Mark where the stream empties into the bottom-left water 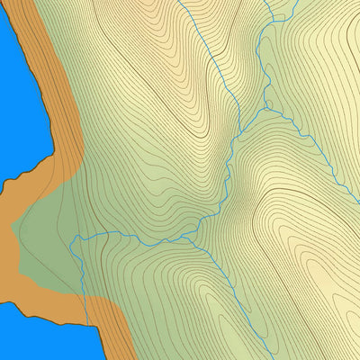coord(91,325)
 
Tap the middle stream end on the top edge coord(266,1)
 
